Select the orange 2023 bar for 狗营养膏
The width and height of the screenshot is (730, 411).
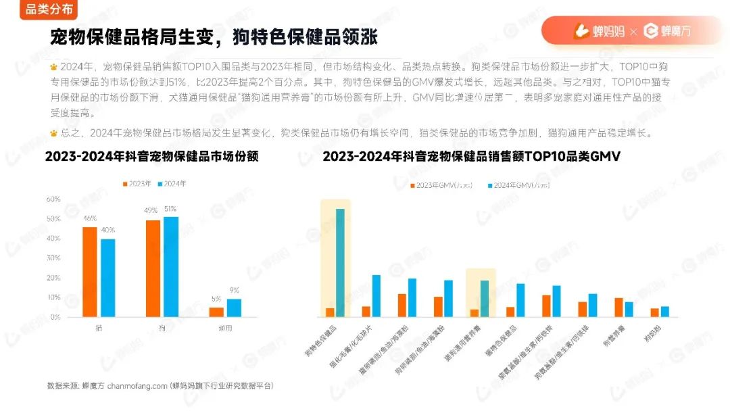pos(618,308)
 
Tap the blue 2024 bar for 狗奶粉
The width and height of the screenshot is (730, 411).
pos(665,312)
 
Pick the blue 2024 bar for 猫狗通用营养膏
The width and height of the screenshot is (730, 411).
pos(484,299)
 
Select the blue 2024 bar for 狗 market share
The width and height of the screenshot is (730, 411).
pos(171,266)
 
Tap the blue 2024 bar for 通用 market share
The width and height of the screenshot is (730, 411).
pos(234,308)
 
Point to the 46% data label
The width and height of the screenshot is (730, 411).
pos(89,218)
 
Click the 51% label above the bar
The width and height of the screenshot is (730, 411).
pos(170,209)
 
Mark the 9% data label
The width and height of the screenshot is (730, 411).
pos(234,291)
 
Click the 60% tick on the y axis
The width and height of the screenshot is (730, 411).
pos(53,199)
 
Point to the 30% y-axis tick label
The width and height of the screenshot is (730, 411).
pos(53,258)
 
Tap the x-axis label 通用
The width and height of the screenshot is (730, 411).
pos(225,329)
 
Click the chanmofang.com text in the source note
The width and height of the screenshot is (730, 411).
pos(137,386)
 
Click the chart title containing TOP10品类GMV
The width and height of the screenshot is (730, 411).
pos(472,156)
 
